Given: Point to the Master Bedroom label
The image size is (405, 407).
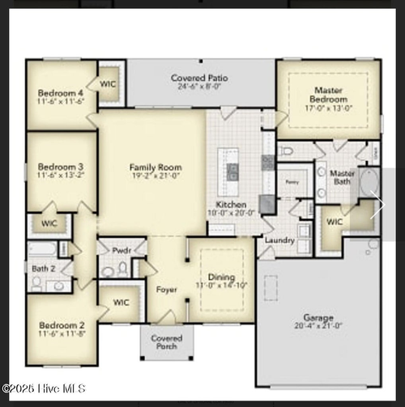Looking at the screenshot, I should [x=327, y=95].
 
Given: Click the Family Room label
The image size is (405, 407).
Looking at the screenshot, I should [x=152, y=167].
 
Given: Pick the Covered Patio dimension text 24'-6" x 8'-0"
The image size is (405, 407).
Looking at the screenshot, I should [x=199, y=87].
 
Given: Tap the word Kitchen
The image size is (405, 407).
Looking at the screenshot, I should [x=231, y=204].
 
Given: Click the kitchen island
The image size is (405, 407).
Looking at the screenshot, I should [x=232, y=165].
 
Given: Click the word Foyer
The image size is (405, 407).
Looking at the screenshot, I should [x=167, y=289].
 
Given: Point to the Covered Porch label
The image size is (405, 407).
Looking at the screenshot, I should [x=167, y=342].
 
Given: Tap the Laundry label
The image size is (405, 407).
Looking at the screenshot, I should [x=279, y=240].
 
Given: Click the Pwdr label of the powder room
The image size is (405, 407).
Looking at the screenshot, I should [x=122, y=251].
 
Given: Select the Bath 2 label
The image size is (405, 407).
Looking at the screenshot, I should [x=43, y=268].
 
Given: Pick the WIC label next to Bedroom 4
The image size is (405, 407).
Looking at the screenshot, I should [x=109, y=84].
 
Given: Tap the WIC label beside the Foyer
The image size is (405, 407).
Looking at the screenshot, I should [x=122, y=303].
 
